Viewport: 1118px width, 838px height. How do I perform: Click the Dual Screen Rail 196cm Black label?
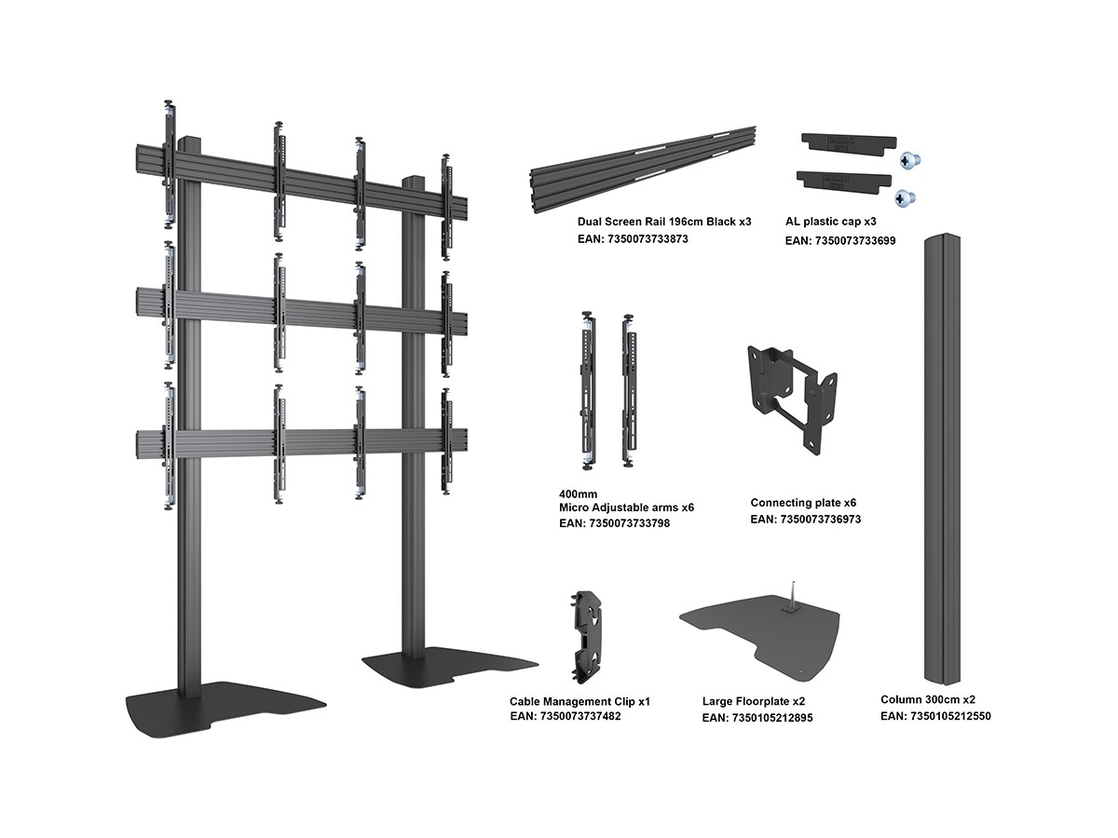point(663,222)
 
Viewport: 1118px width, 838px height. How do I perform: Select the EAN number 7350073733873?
point(633,239)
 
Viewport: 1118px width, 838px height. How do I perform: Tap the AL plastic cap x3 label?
point(831,222)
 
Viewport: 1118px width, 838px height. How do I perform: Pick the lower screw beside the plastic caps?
point(903,197)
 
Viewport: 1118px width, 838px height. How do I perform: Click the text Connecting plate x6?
point(803,503)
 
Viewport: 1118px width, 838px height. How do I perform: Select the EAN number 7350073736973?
point(805,520)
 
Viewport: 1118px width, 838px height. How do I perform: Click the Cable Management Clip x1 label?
point(579,700)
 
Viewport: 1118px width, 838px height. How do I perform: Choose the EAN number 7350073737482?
point(565,716)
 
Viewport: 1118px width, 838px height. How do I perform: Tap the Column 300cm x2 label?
point(928,699)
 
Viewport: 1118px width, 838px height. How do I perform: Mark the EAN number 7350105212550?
point(934,716)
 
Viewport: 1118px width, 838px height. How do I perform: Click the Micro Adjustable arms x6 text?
point(626,507)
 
